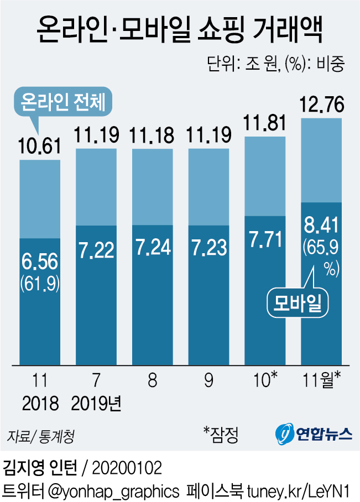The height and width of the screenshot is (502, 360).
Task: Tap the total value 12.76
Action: point(321,104)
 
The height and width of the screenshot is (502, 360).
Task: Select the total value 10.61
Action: point(40,148)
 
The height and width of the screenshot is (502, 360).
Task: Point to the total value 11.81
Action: point(265,123)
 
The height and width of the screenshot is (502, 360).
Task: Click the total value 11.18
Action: point(152,135)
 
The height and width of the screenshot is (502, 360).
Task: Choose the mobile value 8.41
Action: point(321,226)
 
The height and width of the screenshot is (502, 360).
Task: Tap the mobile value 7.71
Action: point(265,239)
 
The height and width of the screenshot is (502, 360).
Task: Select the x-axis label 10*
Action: point(265,380)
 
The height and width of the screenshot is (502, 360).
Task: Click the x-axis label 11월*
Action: point(321,380)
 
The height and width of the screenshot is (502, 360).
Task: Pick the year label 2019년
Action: point(96,404)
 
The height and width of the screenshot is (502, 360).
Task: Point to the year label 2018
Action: point(40,404)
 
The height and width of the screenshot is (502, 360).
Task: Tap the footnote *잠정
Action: point(221,434)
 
